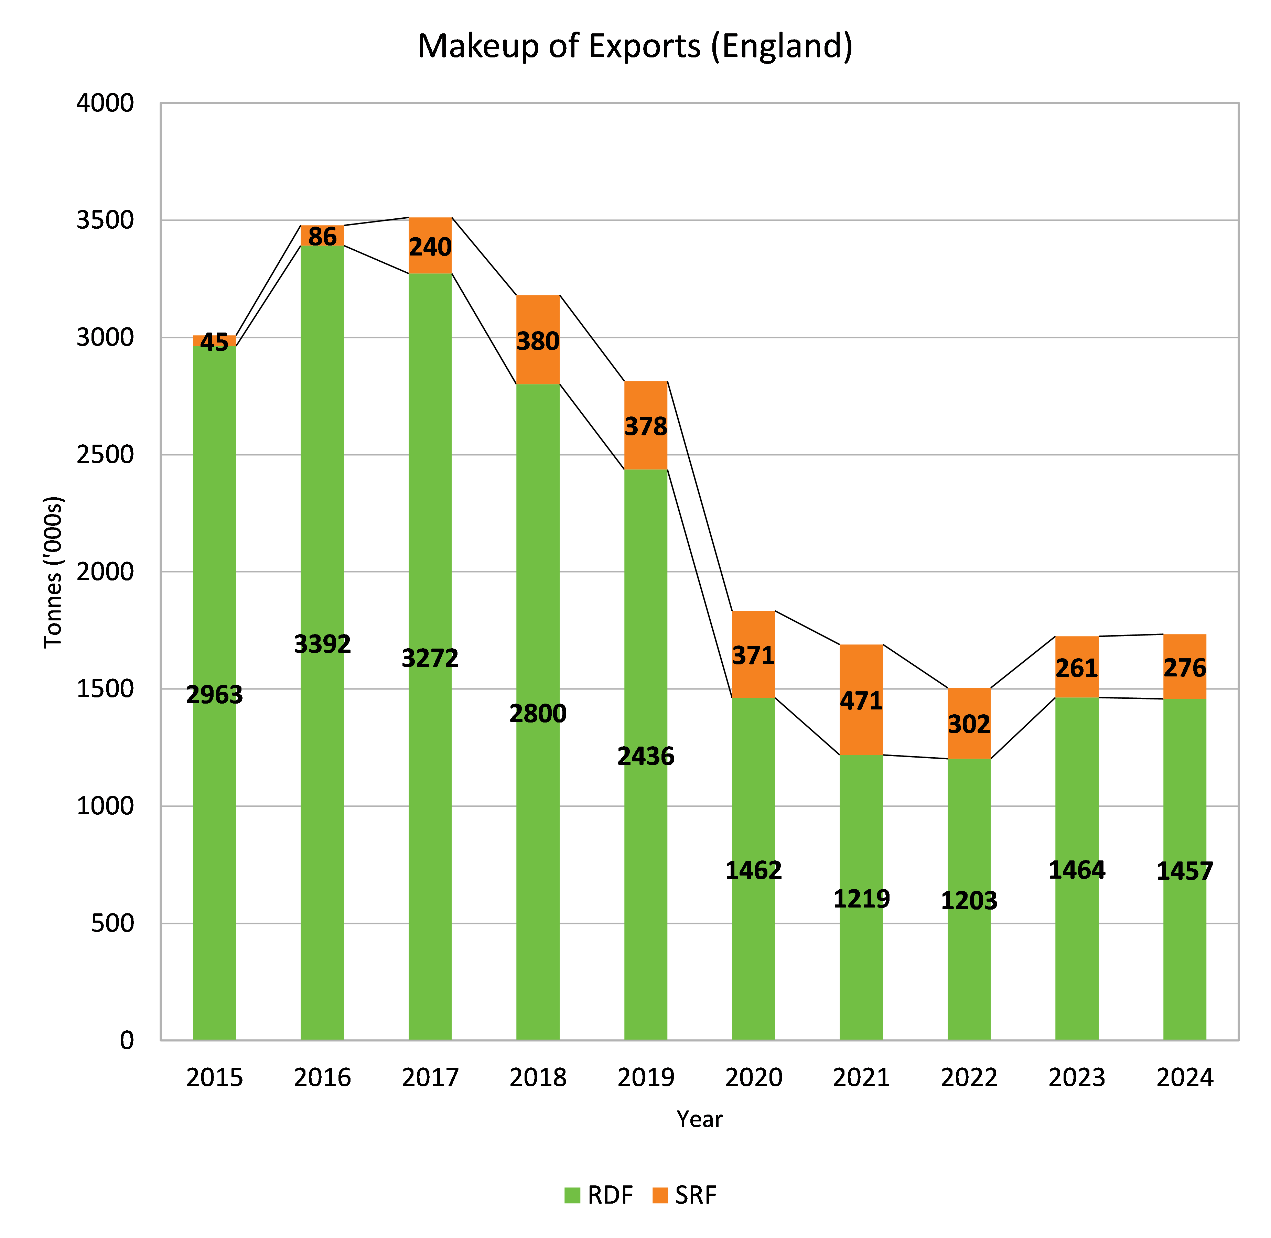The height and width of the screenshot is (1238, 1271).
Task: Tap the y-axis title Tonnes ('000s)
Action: tap(53, 572)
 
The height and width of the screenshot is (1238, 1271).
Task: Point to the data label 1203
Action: tap(969, 901)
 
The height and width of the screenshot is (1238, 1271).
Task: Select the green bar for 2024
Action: tap(1184, 813)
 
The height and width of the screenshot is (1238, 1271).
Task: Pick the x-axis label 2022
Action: tap(969, 1077)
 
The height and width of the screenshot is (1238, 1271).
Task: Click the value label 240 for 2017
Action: tap(430, 247)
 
